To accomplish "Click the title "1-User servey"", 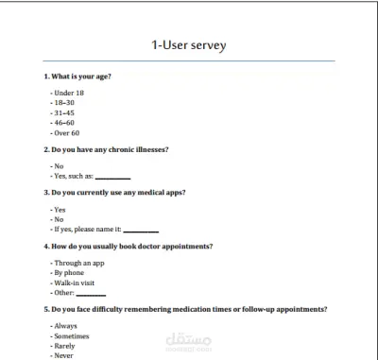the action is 189,44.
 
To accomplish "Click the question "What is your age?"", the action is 79,76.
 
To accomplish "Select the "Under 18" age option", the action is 70,94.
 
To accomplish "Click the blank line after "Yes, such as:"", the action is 112,177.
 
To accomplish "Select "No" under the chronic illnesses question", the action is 58,166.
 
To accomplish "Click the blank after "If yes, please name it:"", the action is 141,230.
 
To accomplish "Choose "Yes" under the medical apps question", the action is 59,210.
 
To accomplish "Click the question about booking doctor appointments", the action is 128,247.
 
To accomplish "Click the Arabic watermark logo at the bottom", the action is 189,341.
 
